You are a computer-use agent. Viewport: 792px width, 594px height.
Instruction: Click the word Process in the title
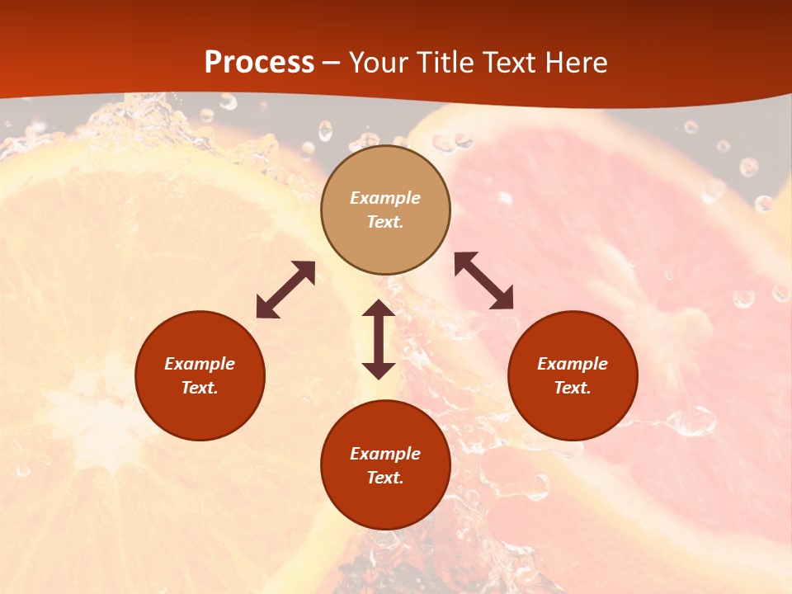[x=259, y=63]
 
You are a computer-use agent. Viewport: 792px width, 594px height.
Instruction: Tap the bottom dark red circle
[x=385, y=502]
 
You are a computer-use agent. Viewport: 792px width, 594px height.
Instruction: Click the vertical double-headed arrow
[x=379, y=339]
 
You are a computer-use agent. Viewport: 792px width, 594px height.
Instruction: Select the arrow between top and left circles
[x=285, y=290]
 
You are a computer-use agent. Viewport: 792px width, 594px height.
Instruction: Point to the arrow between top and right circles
[x=484, y=280]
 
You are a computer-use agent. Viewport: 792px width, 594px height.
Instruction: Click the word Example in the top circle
[x=385, y=198]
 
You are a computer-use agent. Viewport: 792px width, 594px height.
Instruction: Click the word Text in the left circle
[x=200, y=388]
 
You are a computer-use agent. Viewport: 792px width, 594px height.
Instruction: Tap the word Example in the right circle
[x=573, y=364]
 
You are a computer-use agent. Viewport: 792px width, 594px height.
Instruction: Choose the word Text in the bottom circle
[x=385, y=478]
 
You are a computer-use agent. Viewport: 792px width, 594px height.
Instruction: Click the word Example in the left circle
[x=200, y=364]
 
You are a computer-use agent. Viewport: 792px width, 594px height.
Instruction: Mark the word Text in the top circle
[x=385, y=222]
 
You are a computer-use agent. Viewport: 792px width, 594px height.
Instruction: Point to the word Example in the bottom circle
[x=385, y=454]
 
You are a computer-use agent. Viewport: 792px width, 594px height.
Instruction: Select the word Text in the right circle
[x=573, y=388]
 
